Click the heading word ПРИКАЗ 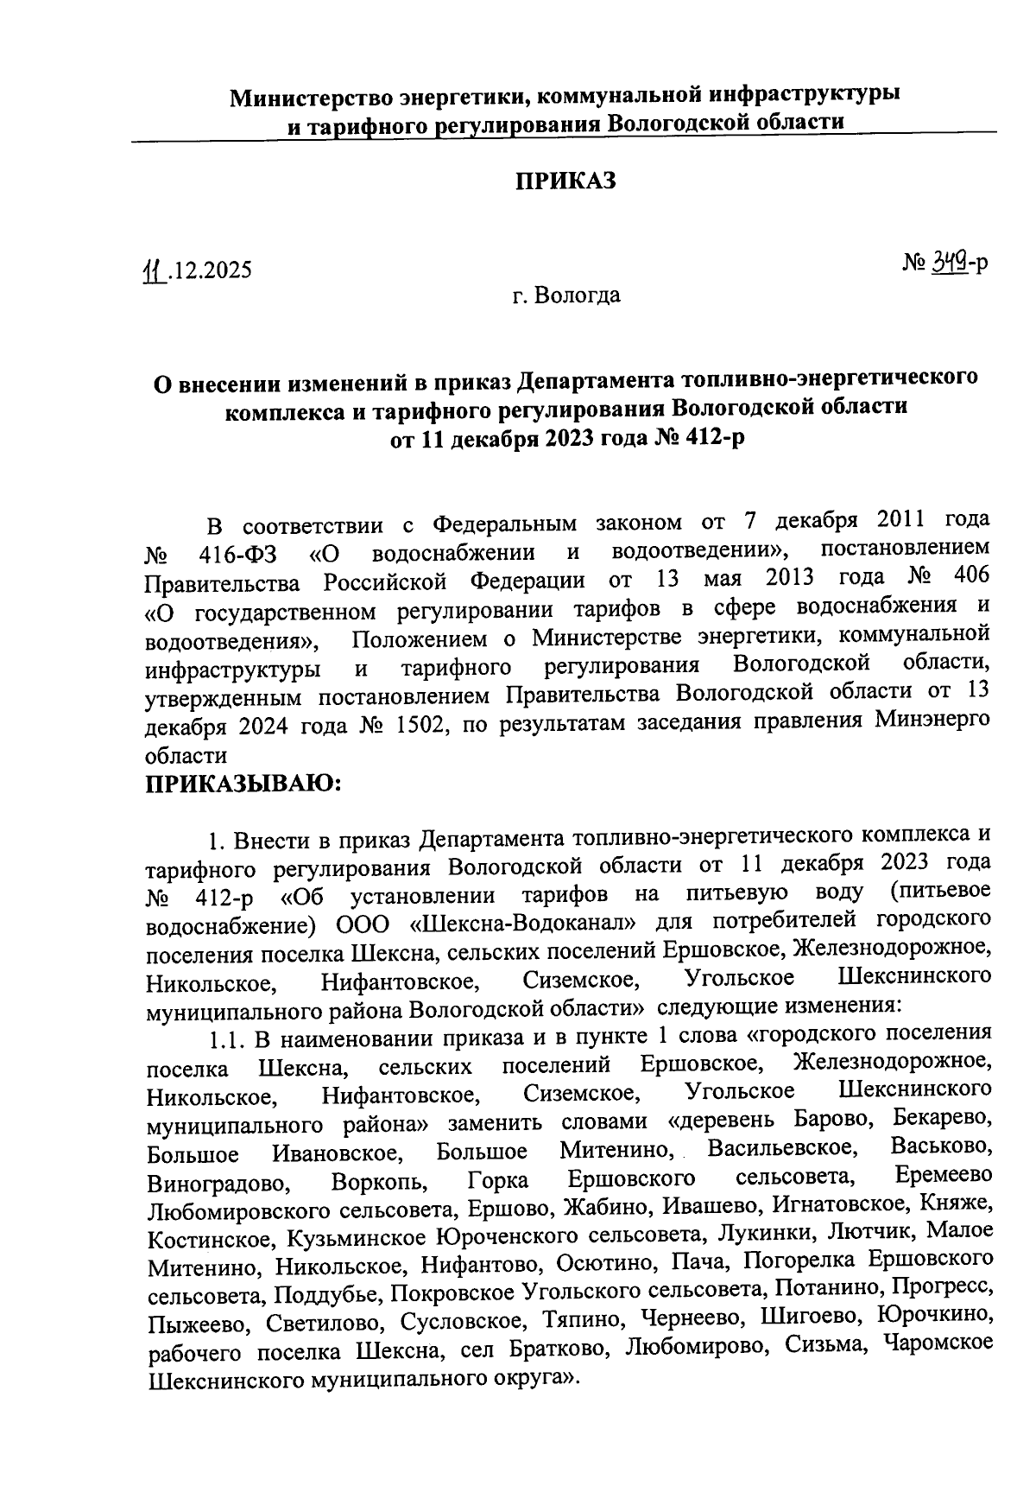(566, 181)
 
